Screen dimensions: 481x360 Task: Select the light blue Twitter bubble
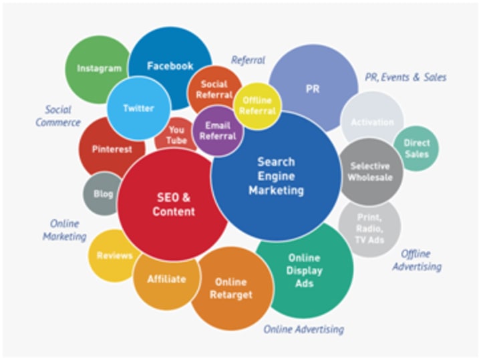coord(138,109)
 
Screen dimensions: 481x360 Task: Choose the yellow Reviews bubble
coord(113,255)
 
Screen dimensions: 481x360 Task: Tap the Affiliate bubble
coord(166,279)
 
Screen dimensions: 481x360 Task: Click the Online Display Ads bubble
coord(305,271)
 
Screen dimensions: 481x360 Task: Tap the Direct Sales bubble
coord(416,148)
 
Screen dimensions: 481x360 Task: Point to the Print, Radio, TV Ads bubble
coord(369,228)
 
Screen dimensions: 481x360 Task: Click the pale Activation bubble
coord(372,122)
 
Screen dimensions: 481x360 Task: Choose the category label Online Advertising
coord(304,329)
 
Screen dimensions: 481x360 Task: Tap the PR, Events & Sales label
coord(406,77)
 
